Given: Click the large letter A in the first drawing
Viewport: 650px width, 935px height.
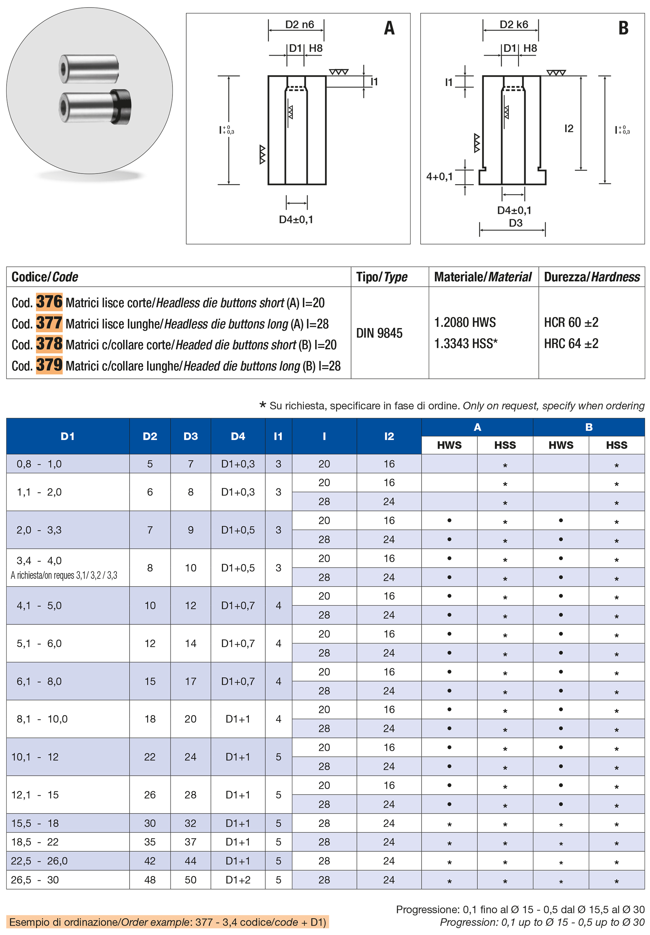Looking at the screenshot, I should [x=389, y=28].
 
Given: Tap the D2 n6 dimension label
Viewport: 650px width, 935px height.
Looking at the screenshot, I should [x=299, y=24].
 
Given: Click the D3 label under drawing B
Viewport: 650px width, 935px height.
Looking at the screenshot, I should [x=515, y=223].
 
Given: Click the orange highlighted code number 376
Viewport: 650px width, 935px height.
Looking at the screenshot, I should [x=49, y=302].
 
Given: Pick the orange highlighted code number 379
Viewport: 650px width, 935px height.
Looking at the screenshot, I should [x=49, y=365].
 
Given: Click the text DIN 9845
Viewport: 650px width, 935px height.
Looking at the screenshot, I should [x=379, y=333].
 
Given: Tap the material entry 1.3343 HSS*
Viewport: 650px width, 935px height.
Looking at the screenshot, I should [x=465, y=343].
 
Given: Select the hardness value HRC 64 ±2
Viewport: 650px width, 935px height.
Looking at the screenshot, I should [x=571, y=343].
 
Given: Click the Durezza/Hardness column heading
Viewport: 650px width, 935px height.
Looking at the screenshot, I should [x=591, y=277].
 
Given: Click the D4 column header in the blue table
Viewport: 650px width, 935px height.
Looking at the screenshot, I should [x=238, y=436].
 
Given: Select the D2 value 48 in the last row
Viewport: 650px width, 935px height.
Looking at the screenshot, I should [x=150, y=880].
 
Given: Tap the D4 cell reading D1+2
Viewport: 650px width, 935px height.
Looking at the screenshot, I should [x=238, y=880].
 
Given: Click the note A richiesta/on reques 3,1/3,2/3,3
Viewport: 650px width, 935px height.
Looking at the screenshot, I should [x=64, y=575].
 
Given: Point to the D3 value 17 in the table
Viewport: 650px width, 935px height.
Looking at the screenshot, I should [x=191, y=681].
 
